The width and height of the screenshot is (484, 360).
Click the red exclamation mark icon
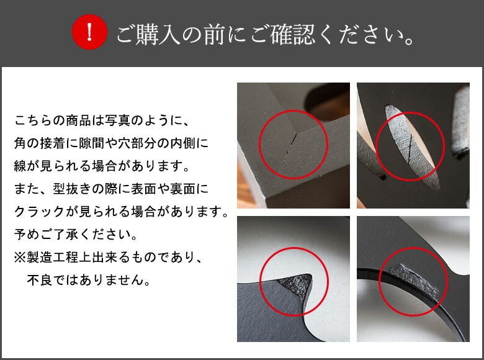[x=89, y=32]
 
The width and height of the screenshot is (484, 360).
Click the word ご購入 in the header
[x=148, y=34]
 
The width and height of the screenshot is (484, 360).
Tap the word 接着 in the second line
[x=53, y=143]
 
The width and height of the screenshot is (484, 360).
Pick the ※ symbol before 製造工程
[x=20, y=257]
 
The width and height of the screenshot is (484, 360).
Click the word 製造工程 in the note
[x=53, y=257]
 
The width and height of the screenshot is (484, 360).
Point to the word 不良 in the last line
[x=40, y=280]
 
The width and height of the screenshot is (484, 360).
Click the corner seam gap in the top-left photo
[x=291, y=145]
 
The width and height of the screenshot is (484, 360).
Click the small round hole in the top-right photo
[x=383, y=178]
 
